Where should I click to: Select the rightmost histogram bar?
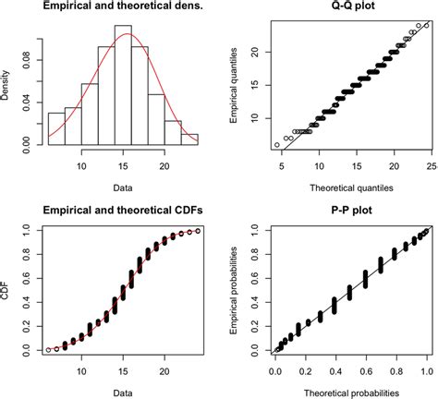click(x=189, y=137)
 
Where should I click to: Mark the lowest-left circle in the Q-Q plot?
click(x=276, y=145)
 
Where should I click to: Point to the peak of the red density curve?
click(x=128, y=34)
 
